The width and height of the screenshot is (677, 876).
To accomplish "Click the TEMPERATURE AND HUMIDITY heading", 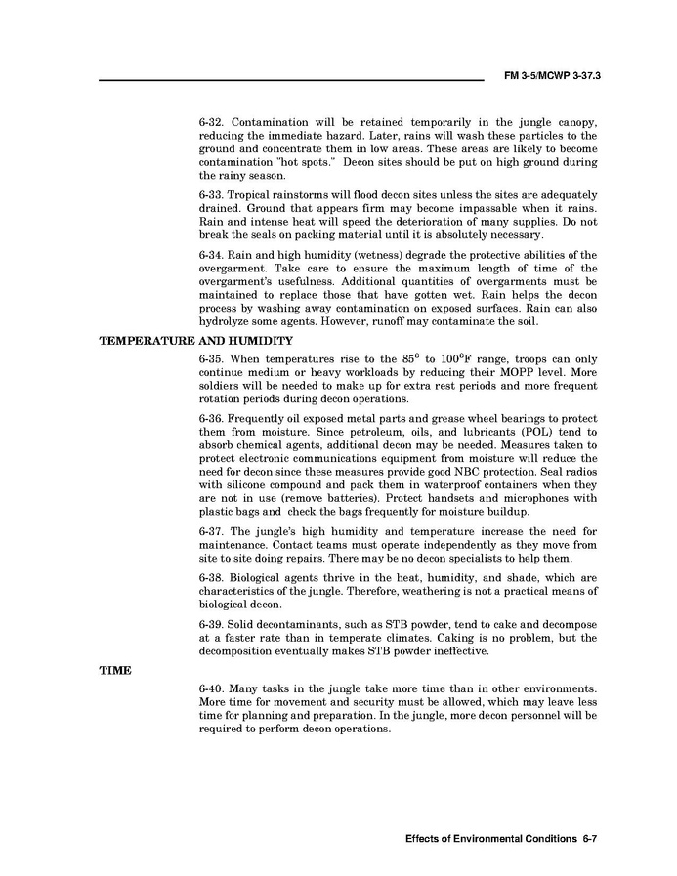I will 196,341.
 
